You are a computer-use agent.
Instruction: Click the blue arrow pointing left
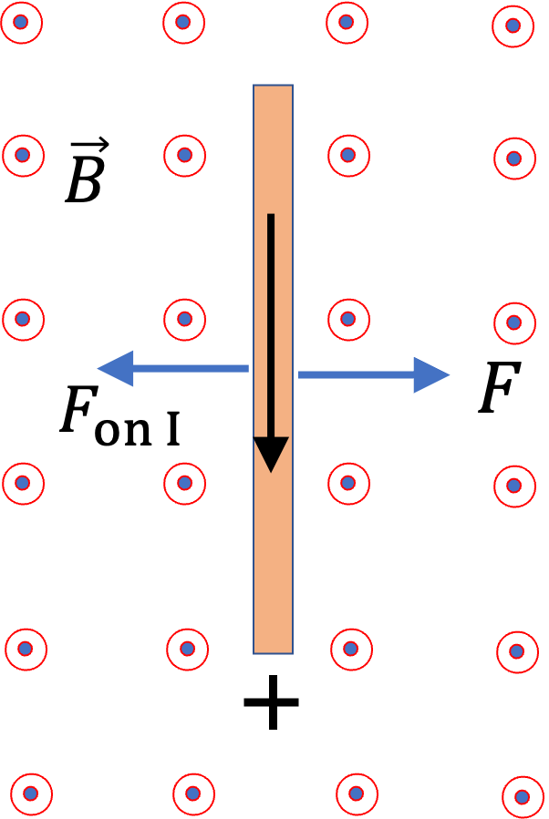(x=173, y=369)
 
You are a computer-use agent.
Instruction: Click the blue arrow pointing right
(x=374, y=374)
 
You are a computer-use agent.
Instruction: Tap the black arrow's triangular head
(x=271, y=453)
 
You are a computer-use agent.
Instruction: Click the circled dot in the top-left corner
(x=21, y=22)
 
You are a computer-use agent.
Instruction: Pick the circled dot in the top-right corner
(x=513, y=26)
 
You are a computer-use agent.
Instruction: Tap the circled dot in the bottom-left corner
(x=31, y=793)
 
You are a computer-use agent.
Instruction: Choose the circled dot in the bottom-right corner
(x=523, y=797)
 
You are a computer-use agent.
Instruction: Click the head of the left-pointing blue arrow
(x=117, y=369)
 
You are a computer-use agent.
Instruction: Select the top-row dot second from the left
(x=183, y=22)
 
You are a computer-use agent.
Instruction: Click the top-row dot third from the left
(x=347, y=22)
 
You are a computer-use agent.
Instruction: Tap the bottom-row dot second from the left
(x=193, y=793)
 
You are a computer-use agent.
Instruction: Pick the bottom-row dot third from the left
(x=357, y=793)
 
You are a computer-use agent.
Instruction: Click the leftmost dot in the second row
(x=23, y=155)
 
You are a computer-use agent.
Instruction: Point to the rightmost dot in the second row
(x=514, y=159)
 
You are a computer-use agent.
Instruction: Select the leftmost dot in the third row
(x=23, y=319)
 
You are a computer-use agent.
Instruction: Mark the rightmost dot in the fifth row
(x=517, y=651)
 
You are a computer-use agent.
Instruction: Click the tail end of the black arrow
(x=271, y=217)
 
